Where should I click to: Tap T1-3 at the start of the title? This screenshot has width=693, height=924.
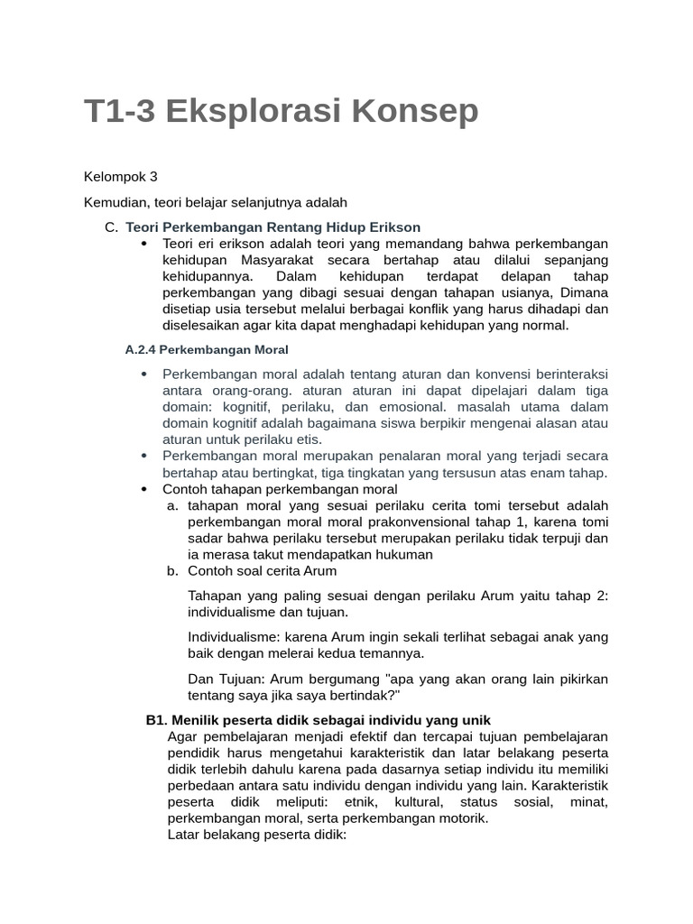pos(116,112)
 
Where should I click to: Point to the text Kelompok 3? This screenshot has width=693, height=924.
pos(120,176)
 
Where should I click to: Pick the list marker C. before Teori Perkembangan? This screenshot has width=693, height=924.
pos(111,227)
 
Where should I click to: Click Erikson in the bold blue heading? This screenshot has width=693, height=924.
pos(395,227)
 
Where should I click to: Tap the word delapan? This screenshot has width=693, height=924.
pos(515,276)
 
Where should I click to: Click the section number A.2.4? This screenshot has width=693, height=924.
pos(143,349)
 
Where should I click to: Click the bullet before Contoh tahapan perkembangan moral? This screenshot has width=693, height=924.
pos(143,489)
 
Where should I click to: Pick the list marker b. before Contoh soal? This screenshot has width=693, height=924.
pos(172,571)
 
